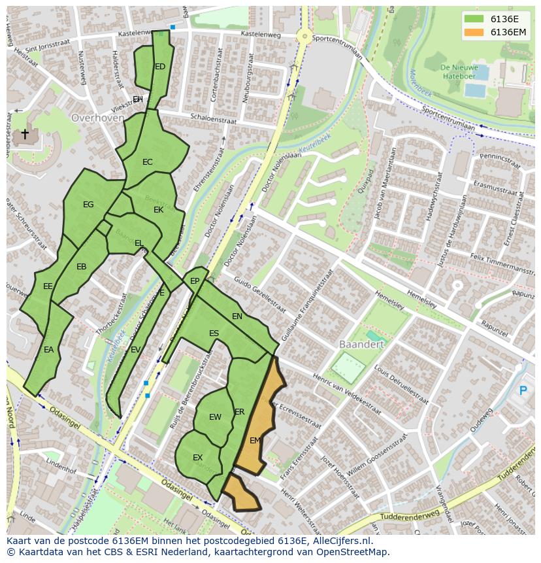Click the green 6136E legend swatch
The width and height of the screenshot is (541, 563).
pos(474,19)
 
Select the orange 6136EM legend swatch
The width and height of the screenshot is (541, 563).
pos(474,32)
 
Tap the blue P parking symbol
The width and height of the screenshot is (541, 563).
pos(522,391)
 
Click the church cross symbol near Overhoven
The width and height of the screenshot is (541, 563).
pos(25,135)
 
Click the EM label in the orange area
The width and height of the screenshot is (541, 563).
pos(255,441)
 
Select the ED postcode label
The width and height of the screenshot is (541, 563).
pos(160,67)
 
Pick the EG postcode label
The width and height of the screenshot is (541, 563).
pos(88,205)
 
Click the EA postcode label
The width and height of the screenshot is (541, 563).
pos(48,350)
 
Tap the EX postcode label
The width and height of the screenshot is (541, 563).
pos(197,457)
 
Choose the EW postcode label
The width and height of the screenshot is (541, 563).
pos(215,417)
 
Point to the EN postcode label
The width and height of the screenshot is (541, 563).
pos(237,316)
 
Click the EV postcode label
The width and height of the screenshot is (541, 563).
pos(135,350)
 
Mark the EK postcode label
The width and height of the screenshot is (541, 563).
pos(158,210)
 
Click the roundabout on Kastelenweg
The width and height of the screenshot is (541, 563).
pos(304,37)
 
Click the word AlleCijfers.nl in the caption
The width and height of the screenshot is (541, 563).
pos(340,541)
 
